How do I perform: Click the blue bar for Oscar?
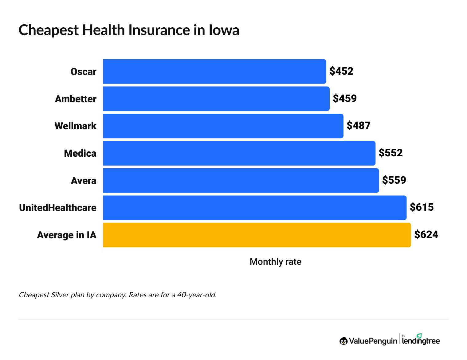click(x=214, y=72)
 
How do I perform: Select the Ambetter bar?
click(x=216, y=99)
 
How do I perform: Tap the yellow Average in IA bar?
click(x=257, y=235)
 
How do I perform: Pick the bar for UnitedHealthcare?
click(x=255, y=208)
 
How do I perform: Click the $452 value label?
click(x=341, y=71)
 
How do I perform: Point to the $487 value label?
click(x=359, y=126)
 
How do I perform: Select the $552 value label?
click(x=390, y=153)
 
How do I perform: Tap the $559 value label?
click(x=394, y=180)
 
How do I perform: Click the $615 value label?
click(x=422, y=207)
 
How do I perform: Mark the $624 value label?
click(x=426, y=235)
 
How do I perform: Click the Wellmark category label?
click(x=76, y=126)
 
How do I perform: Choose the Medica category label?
click(x=80, y=153)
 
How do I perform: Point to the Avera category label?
click(x=84, y=181)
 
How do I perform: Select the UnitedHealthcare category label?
click(x=58, y=208)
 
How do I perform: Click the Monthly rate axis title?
click(x=275, y=262)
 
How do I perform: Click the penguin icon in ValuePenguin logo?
click(x=343, y=341)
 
